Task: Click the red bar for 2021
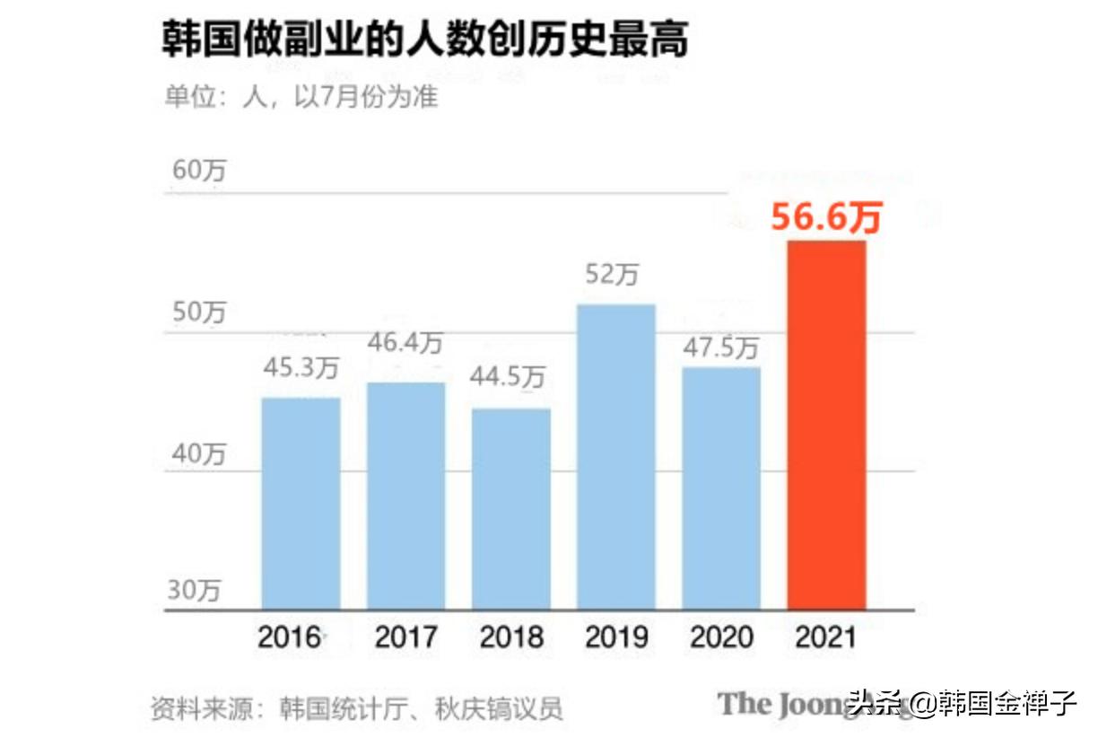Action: pos(826,425)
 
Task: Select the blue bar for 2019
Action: pos(615,456)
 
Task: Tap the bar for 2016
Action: pos(301,503)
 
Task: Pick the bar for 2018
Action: pos(511,508)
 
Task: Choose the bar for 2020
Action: pos(721,488)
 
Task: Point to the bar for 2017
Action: pos(405,496)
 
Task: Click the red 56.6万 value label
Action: pos(826,218)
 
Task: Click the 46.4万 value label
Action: pos(405,342)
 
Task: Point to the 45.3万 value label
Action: pos(301,368)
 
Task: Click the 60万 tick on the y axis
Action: pos(198,171)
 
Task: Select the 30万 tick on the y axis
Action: pos(195,591)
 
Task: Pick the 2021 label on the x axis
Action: pos(826,637)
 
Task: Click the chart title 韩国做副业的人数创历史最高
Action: pos(425,41)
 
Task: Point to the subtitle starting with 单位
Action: pos(301,96)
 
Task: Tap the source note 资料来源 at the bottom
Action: pos(357,707)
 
